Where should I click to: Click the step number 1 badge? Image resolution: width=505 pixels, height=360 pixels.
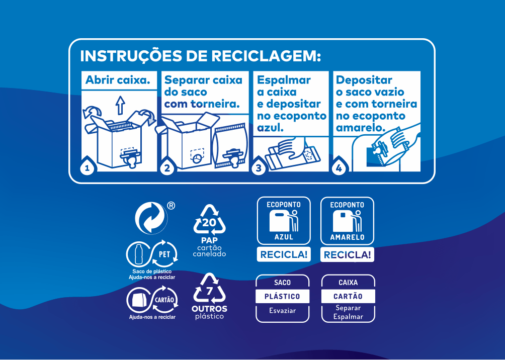tap(88, 168)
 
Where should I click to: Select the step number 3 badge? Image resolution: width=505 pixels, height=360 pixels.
tap(259, 168)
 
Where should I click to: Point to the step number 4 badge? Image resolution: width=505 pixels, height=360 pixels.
tap(339, 168)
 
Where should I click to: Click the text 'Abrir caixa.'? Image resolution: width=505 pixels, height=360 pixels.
tap(118, 80)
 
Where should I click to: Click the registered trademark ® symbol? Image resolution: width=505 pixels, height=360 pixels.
tap(171, 206)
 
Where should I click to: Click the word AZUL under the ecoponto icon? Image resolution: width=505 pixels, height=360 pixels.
tap(284, 237)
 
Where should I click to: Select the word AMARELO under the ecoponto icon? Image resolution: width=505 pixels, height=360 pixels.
tap(347, 237)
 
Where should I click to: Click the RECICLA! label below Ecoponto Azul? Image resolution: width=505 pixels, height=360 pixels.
tap(284, 254)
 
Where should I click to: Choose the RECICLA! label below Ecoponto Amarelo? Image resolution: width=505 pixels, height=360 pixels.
tap(347, 255)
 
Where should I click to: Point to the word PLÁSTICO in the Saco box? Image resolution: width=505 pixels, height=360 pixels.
tap(282, 296)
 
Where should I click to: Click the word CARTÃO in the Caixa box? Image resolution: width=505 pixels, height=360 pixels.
tap(348, 296)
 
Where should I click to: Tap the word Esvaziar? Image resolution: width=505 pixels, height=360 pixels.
tap(282, 310)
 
